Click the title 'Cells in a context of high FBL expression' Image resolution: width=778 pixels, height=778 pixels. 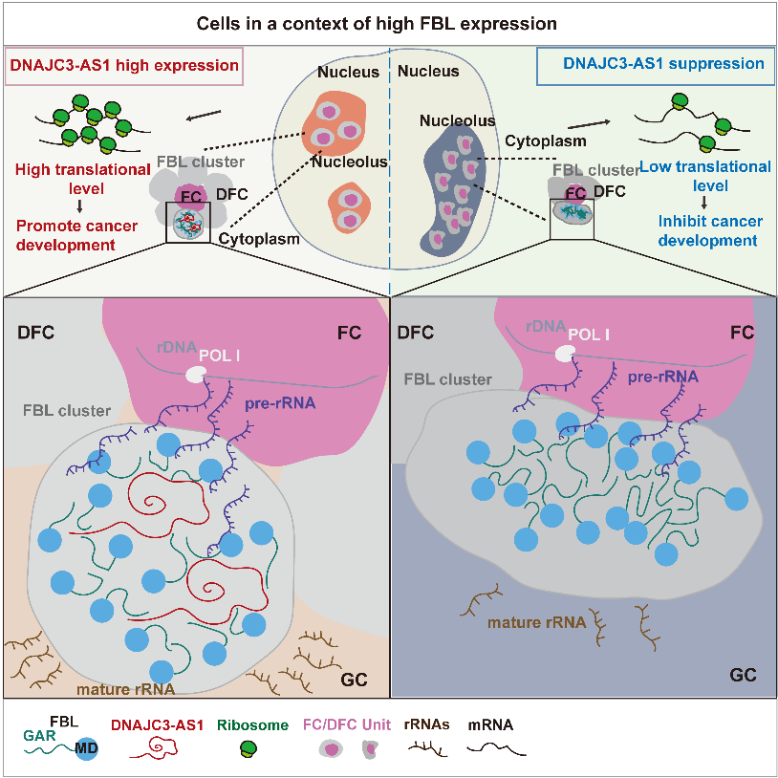[389, 22]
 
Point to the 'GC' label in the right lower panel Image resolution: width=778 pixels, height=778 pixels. [742, 675]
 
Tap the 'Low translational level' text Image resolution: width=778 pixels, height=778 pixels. [706, 176]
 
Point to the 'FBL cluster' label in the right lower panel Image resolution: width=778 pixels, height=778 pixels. [448, 379]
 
